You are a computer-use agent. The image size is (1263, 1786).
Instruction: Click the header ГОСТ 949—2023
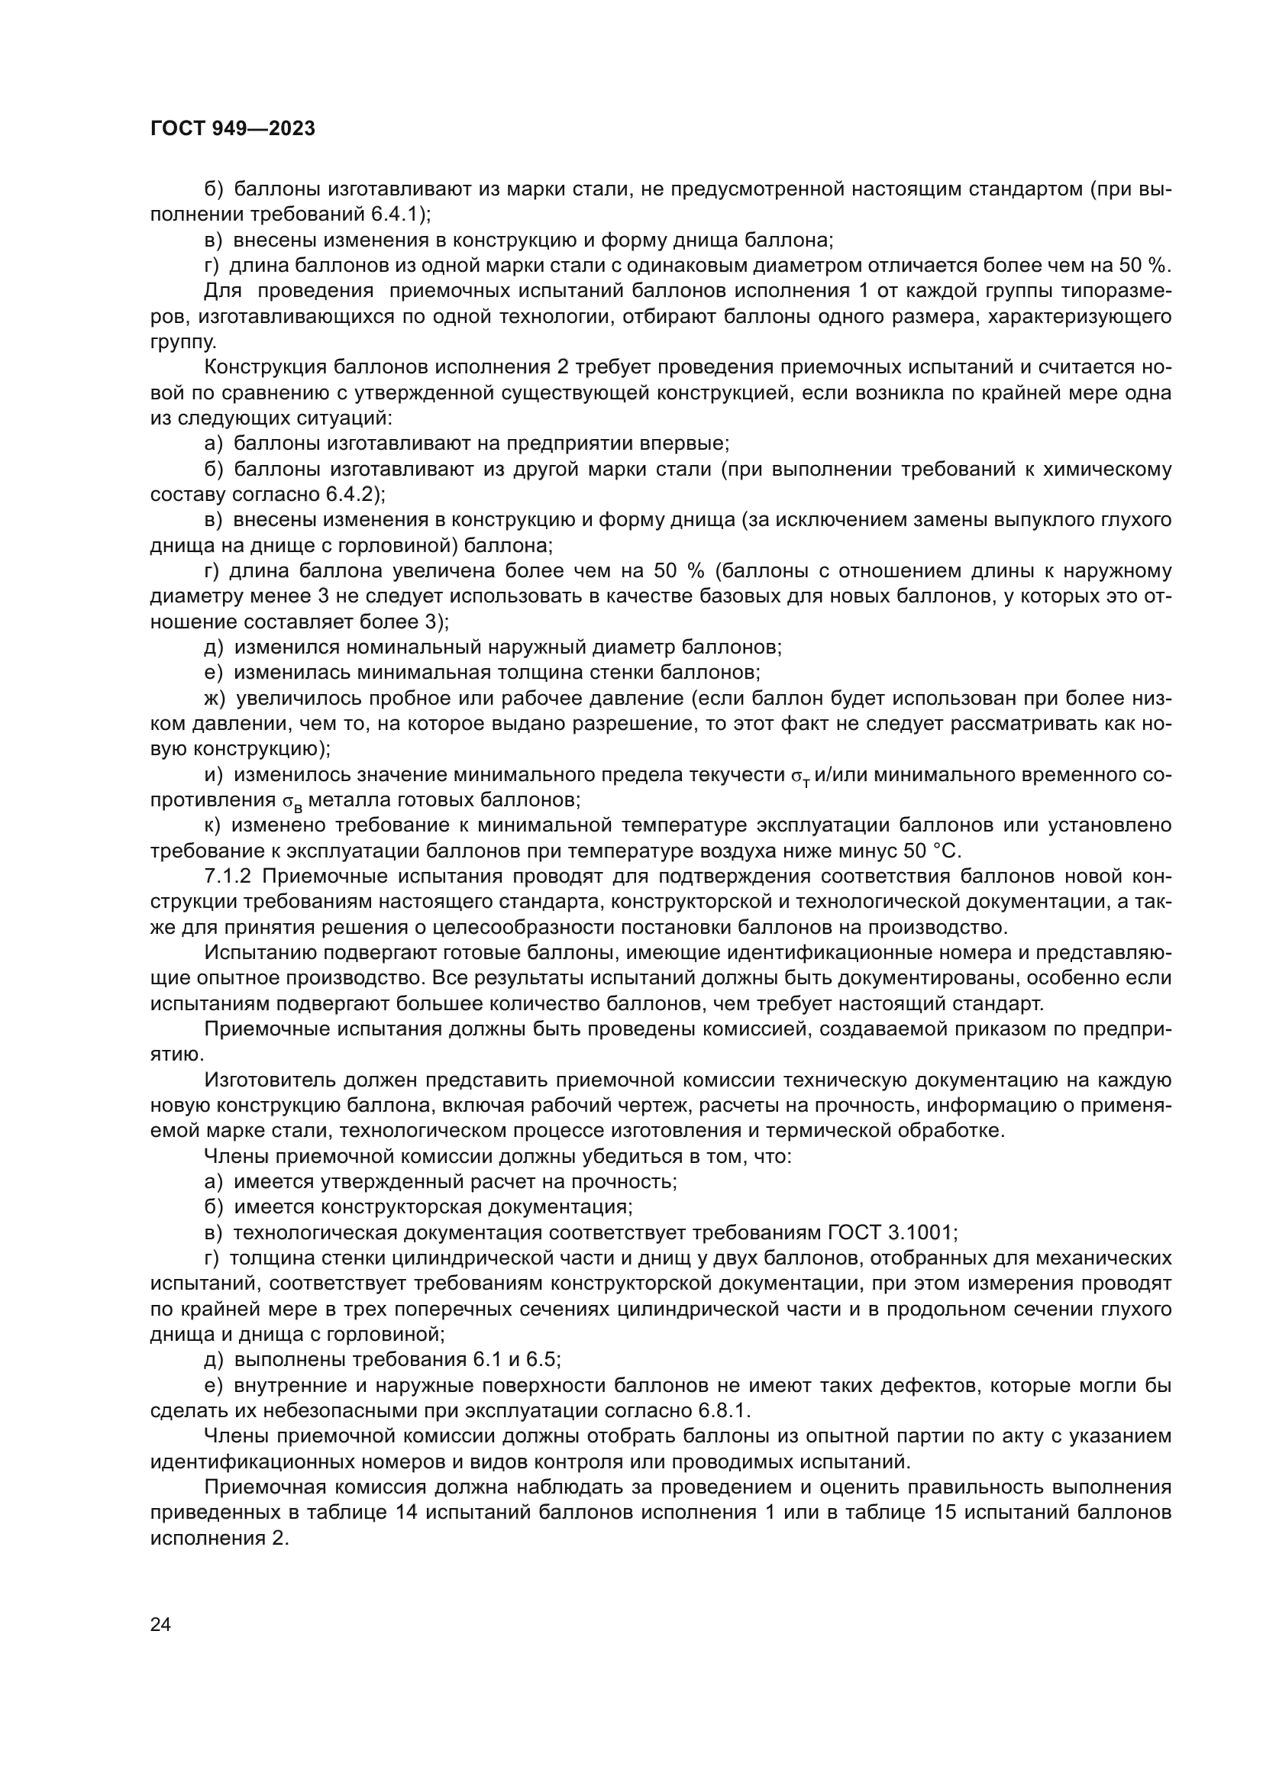[x=233, y=129]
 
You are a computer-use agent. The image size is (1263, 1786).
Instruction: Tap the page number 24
[x=160, y=1624]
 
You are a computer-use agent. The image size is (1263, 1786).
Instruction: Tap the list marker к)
[x=213, y=825]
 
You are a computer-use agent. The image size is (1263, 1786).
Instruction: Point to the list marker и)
[x=214, y=775]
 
